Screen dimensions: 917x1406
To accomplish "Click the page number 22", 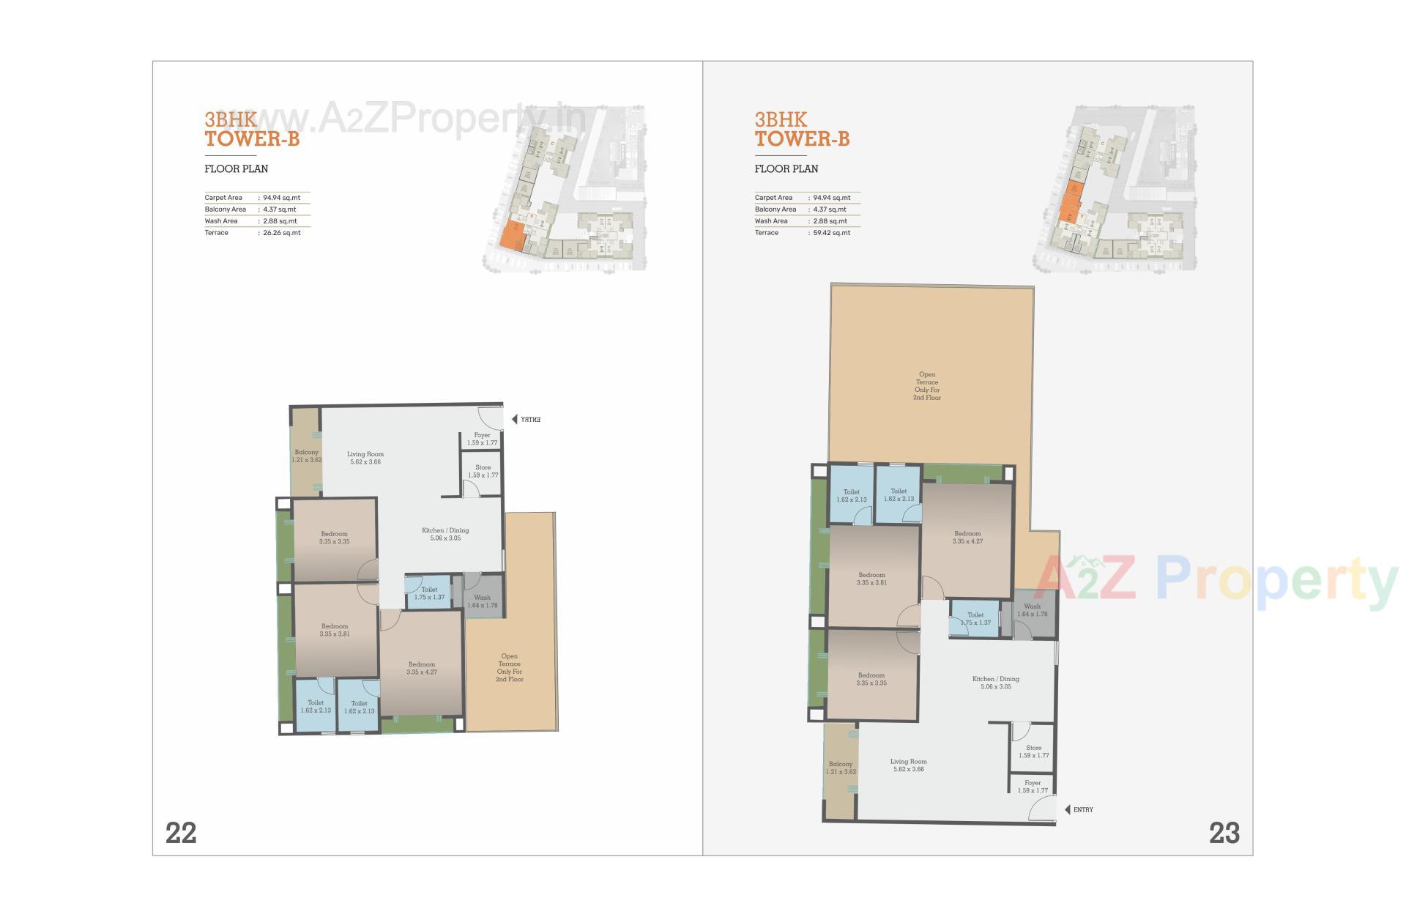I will click(181, 833).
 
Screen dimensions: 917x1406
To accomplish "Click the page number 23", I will click(1224, 833).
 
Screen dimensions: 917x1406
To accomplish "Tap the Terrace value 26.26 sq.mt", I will click(281, 233).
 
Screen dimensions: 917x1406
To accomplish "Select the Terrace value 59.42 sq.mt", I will click(832, 233).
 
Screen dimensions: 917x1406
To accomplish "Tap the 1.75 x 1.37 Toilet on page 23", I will click(975, 619).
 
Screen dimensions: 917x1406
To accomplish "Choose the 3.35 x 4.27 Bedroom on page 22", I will click(422, 668).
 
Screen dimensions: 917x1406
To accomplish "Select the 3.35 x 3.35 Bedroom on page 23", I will click(871, 679).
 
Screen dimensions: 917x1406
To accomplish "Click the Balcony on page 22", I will click(306, 456).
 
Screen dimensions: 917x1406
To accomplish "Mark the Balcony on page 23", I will click(841, 768).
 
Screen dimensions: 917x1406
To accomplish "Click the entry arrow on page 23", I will click(1068, 809).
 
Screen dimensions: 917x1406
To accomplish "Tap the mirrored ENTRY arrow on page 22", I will click(514, 420).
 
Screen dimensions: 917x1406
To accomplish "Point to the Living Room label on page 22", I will click(365, 458).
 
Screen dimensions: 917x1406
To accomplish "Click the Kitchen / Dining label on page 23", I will click(995, 683).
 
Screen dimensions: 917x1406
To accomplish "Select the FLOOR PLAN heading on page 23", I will click(786, 168).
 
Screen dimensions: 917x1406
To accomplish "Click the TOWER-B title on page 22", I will click(252, 138).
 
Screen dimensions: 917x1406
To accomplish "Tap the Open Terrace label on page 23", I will click(927, 386).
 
